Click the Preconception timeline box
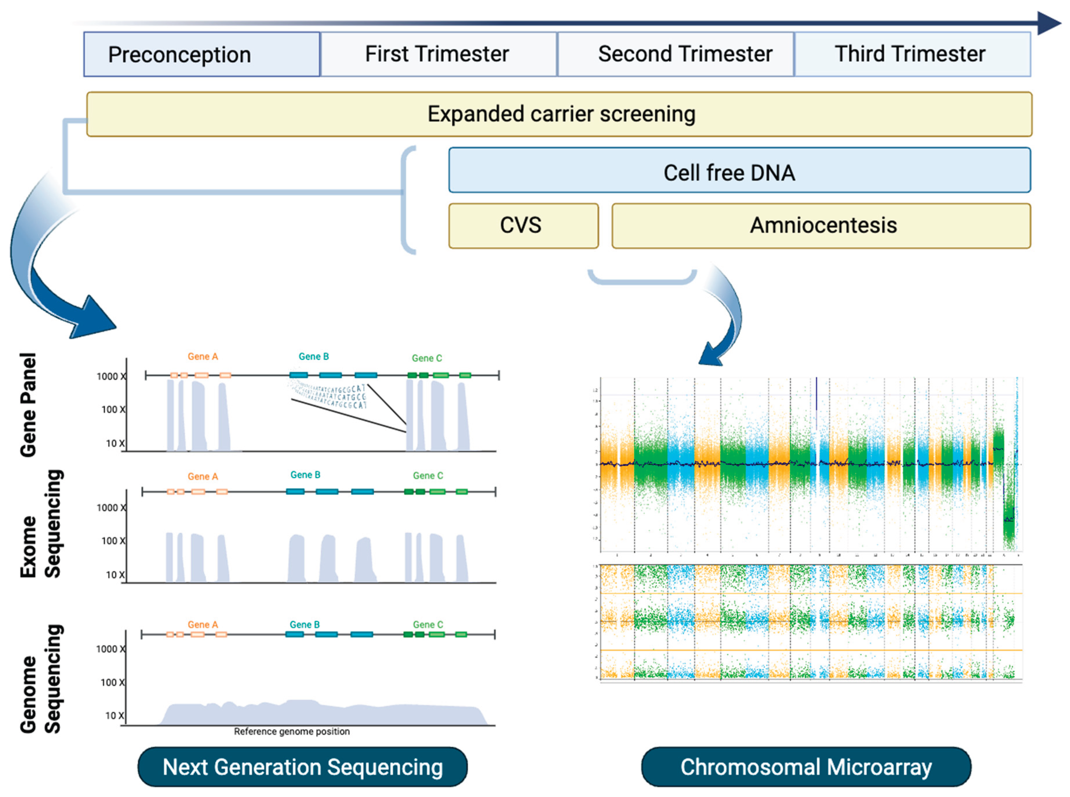tap(202, 54)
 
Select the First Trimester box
tap(438, 54)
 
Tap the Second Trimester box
tap(675, 54)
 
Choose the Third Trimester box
tap(912, 54)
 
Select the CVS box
tap(523, 225)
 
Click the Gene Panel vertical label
tap(28, 405)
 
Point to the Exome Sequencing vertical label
tap(41, 523)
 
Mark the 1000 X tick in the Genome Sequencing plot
tap(110, 649)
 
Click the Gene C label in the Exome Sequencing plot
tap(427, 476)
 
